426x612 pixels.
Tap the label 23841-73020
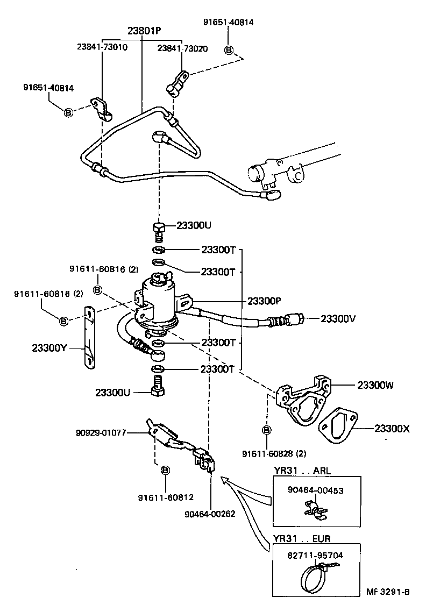[x=182, y=47]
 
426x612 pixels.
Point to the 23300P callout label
[x=264, y=301]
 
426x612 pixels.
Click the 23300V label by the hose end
[x=338, y=318]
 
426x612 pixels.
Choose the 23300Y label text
[x=49, y=347]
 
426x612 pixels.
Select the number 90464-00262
[x=210, y=514]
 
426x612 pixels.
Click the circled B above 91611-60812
[x=165, y=470]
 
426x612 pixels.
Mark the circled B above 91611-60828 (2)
[x=266, y=430]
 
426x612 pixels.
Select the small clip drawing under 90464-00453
[x=315, y=509]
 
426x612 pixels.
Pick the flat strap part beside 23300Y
[x=88, y=339]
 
